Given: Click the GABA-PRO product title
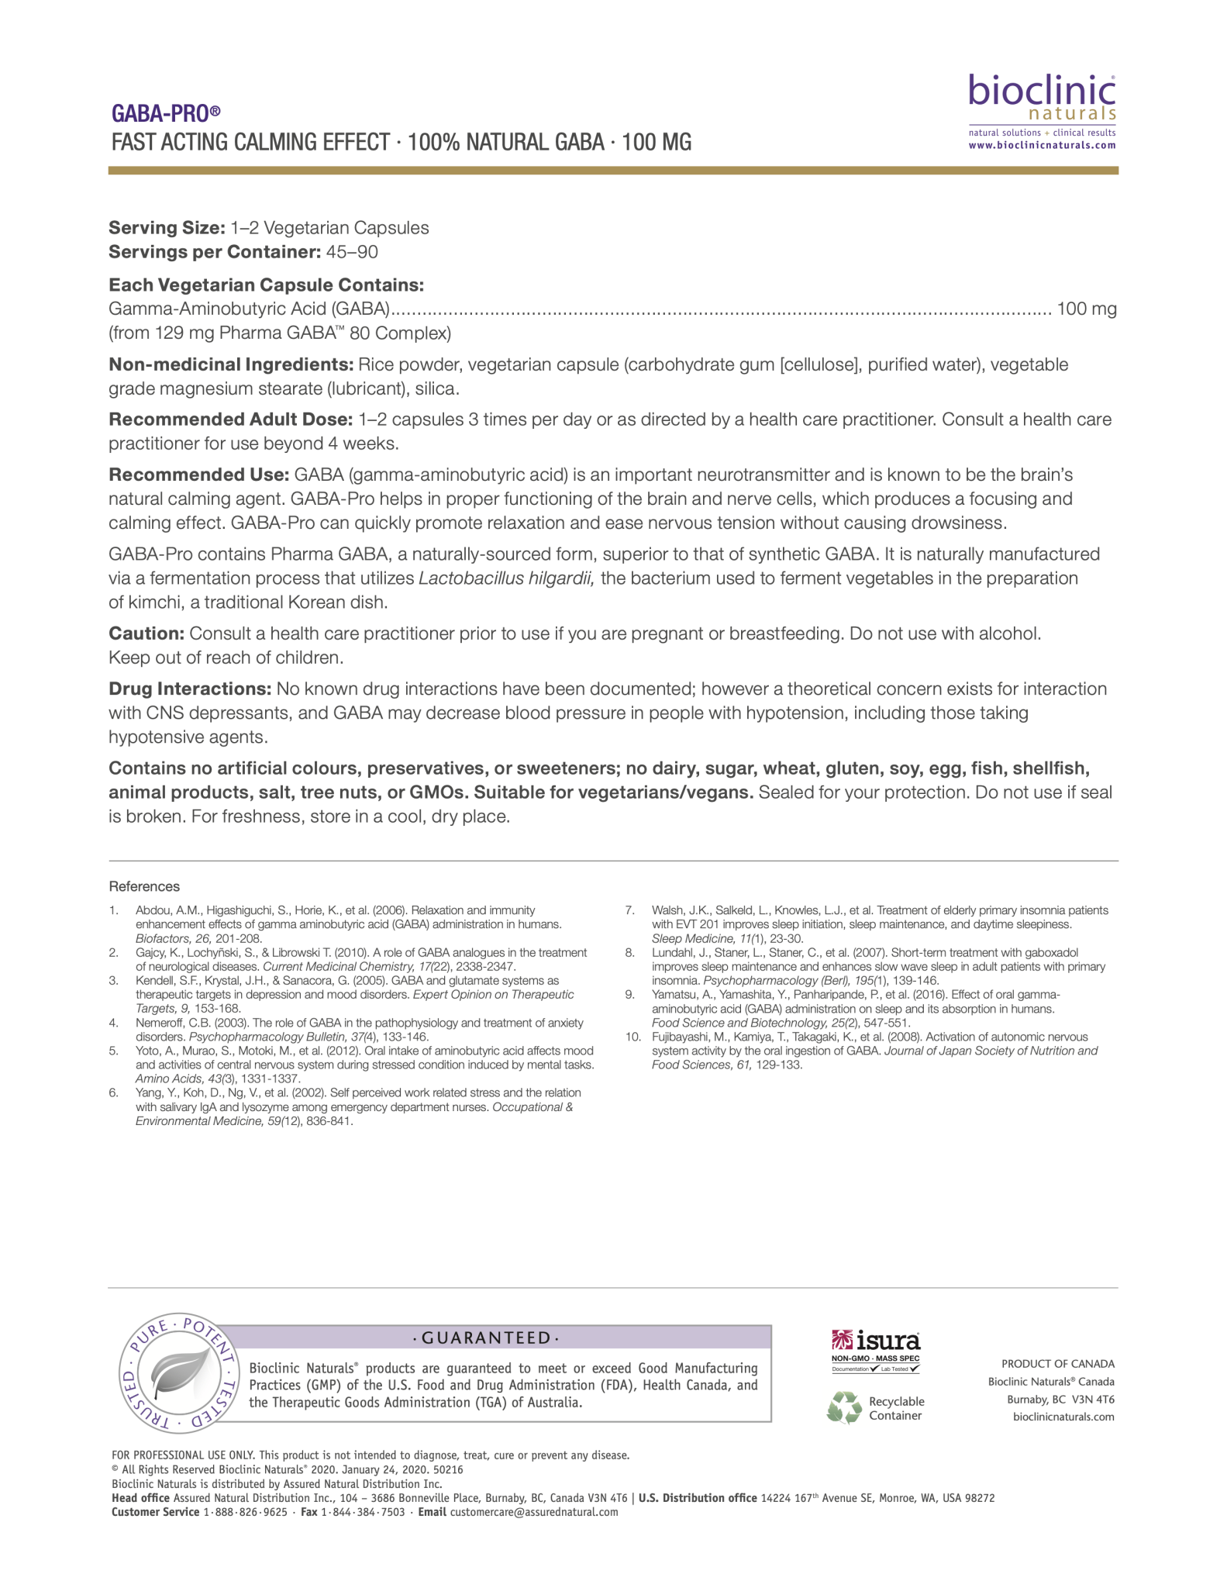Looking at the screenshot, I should click(166, 114).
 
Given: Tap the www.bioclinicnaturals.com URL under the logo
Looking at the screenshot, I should click(1042, 145).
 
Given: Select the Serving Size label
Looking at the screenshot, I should click(167, 228).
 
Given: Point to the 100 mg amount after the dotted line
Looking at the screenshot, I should click(1087, 309).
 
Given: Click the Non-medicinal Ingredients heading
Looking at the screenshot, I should click(230, 364).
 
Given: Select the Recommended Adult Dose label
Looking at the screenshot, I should click(230, 419).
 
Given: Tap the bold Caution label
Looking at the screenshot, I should click(146, 633).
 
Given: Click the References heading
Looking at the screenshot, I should click(144, 886).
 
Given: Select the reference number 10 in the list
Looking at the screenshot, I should click(632, 1037).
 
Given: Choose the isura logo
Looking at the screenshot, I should click(875, 1342).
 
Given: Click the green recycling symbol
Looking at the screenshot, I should click(843, 1408).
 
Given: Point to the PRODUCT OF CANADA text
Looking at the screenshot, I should click(1057, 1364).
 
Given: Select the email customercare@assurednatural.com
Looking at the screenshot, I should click(534, 1512).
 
